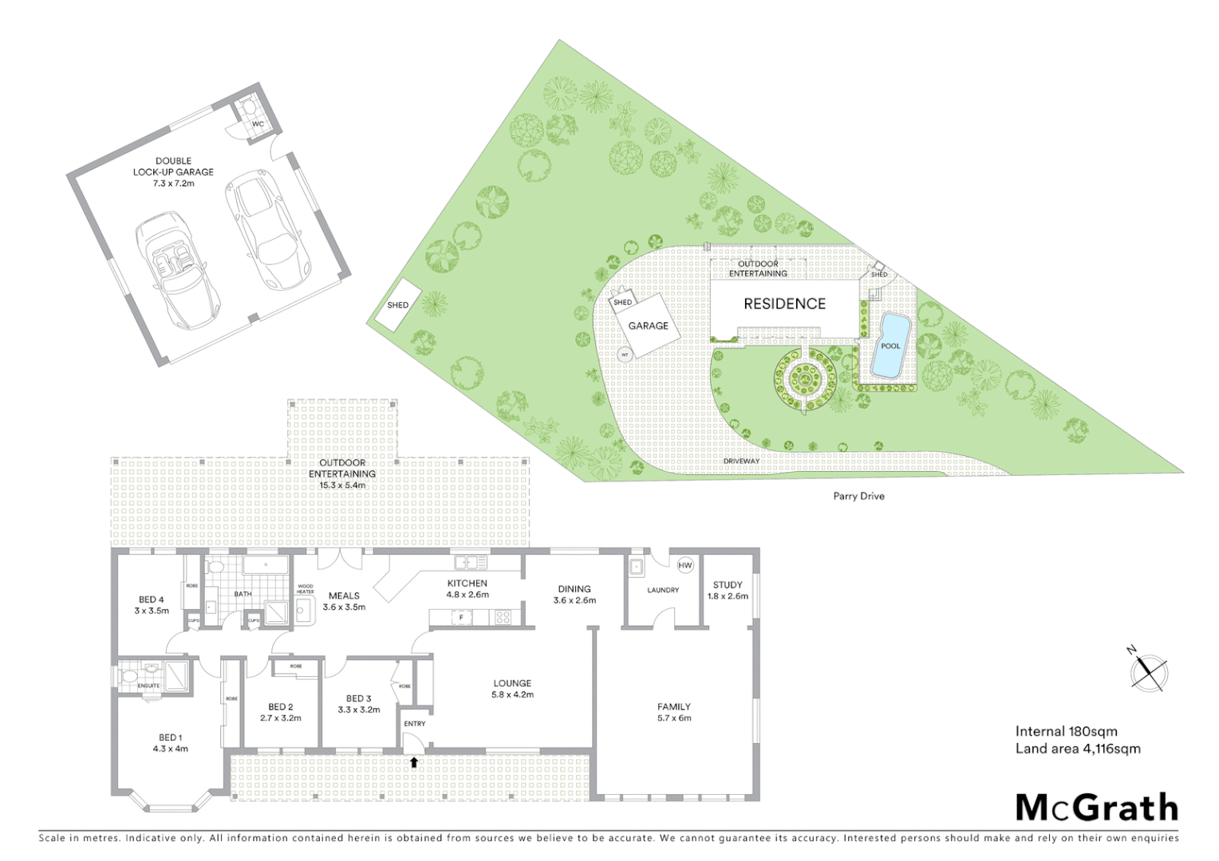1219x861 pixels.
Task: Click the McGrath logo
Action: (1097, 808)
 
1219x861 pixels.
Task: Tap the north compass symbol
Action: (1148, 670)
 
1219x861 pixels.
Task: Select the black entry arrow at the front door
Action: (414, 762)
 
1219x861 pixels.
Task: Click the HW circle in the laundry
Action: (684, 565)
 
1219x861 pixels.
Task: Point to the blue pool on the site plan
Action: (890, 345)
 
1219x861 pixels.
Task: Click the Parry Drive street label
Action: (858, 496)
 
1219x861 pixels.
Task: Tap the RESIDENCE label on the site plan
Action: (784, 304)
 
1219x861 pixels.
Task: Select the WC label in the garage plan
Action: (258, 124)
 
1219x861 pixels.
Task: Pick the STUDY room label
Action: (728, 584)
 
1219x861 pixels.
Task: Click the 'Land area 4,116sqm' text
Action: (1078, 749)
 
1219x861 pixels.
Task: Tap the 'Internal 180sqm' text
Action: (1066, 731)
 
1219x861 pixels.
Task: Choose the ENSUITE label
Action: (148, 686)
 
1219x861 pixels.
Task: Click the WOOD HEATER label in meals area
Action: (305, 589)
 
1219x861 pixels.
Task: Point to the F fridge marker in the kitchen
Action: (460, 617)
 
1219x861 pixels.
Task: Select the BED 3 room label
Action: (359, 698)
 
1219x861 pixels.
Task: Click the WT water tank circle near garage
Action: (625, 355)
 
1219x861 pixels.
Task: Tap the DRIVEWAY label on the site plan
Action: (741, 461)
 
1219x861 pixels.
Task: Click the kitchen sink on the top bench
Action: (471, 562)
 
